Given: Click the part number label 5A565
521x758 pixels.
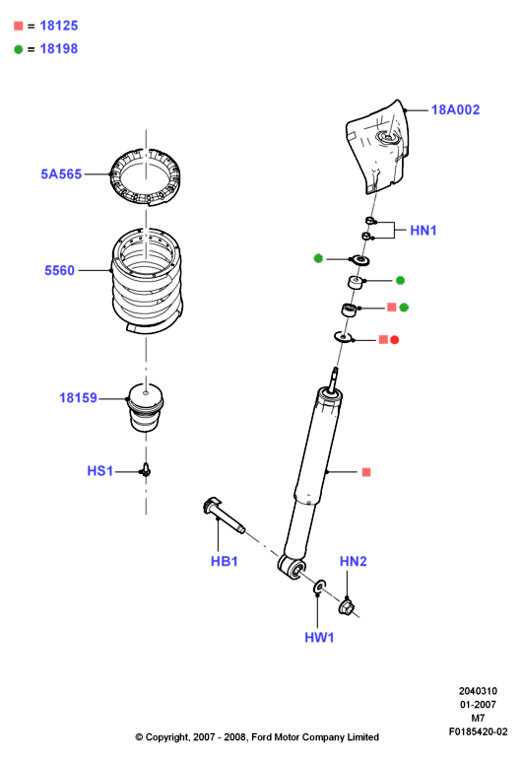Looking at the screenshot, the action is point(61,174).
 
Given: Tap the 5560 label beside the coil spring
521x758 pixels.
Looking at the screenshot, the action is point(59,270).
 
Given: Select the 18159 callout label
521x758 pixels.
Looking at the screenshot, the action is point(78,398).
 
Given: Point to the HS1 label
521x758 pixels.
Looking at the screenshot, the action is point(99,471).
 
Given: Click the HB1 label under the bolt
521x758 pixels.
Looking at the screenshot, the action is point(225,561).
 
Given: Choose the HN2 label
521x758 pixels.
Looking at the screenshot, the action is point(354,561).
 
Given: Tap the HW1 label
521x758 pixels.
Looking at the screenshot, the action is point(319,638).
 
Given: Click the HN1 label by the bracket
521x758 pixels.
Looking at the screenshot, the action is point(423,231).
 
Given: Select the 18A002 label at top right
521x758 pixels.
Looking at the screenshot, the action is point(455,109).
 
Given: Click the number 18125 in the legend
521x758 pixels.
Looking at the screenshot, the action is point(59,26).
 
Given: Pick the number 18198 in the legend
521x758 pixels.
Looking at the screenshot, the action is point(59,49).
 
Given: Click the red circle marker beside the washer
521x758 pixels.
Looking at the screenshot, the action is point(395,340).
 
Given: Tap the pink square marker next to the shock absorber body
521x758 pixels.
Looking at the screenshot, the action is point(366,472).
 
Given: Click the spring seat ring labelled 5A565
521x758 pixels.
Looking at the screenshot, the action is point(145,177).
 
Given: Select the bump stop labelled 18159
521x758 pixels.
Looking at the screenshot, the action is point(146,407).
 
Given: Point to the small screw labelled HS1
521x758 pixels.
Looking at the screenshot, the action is point(146,469).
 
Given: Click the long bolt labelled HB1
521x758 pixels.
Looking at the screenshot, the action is point(224,516).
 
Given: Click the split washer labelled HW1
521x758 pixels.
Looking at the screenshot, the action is point(320,586).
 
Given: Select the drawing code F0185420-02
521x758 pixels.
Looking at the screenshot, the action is point(478,732).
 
